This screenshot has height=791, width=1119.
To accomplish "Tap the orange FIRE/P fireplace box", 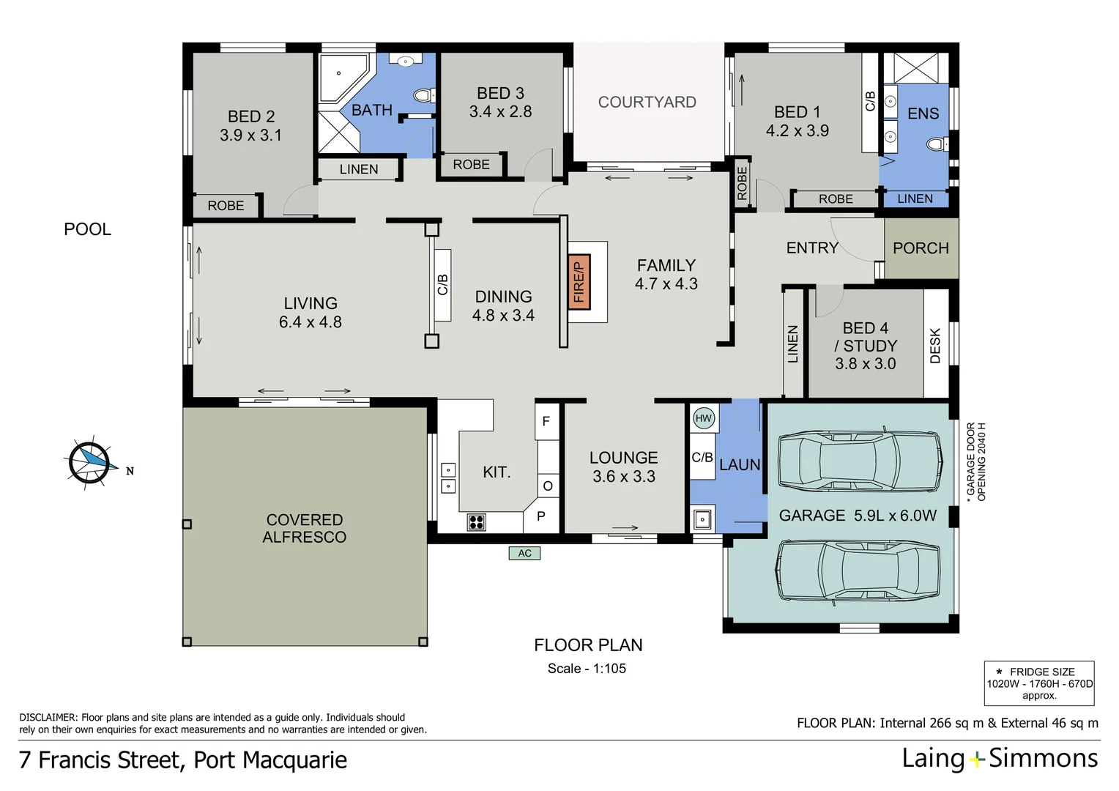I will pyautogui.click(x=579, y=282).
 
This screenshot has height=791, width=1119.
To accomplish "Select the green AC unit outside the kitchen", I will pyautogui.click(x=524, y=553).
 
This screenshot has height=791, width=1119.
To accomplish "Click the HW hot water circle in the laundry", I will pyautogui.click(x=703, y=418).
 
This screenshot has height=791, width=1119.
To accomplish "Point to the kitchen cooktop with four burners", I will pyautogui.click(x=476, y=522).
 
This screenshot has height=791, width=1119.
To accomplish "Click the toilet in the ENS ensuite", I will pyautogui.click(x=936, y=144).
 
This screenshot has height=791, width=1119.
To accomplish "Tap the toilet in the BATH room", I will pyautogui.click(x=423, y=95).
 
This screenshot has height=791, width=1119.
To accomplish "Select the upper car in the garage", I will pyautogui.click(x=860, y=462).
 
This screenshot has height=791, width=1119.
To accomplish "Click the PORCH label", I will pyautogui.click(x=921, y=248).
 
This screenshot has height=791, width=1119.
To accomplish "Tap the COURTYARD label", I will pyautogui.click(x=647, y=103).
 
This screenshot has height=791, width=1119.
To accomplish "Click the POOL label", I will pyautogui.click(x=87, y=229).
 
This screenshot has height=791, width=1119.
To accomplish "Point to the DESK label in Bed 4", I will pyautogui.click(x=935, y=345).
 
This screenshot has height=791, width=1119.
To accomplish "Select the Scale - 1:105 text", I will pyautogui.click(x=587, y=668).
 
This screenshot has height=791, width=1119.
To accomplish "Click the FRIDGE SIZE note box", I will pyautogui.click(x=1039, y=683).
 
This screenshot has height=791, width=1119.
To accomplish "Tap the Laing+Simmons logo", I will pyautogui.click(x=1000, y=759).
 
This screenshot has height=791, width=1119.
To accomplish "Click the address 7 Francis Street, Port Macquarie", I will pyautogui.click(x=183, y=760).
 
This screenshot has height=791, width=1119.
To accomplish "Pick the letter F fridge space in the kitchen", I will pyautogui.click(x=546, y=421).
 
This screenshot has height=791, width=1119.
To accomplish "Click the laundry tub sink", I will pyautogui.click(x=702, y=519).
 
